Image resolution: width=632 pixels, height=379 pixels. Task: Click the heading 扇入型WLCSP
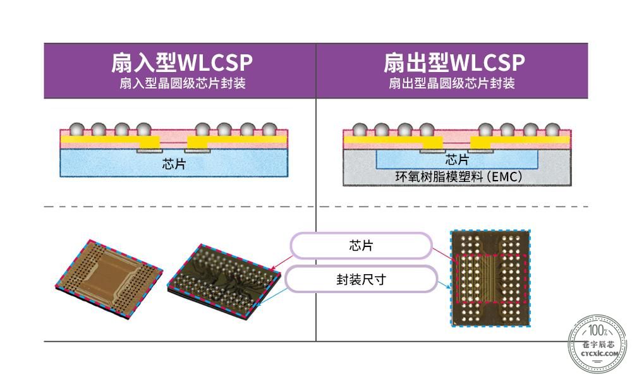tap(182, 63)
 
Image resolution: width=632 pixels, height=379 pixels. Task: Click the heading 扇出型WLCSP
tap(454, 63)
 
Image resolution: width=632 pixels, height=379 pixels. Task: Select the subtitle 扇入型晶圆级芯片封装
tap(182, 83)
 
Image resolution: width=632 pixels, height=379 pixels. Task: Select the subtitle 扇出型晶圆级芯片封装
tap(452, 83)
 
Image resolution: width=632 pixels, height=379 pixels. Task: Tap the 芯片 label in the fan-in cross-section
tap(174, 164)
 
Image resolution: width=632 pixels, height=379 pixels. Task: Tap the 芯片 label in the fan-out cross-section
tap(457, 159)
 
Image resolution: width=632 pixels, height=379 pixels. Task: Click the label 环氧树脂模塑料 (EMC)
tap(459, 176)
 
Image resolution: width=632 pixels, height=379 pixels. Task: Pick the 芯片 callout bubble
tap(361, 245)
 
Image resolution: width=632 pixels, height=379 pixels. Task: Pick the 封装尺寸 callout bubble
tap(361, 279)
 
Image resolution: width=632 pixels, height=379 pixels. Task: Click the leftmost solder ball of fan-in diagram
tap(76, 129)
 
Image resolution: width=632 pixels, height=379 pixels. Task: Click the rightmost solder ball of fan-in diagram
tap(269, 129)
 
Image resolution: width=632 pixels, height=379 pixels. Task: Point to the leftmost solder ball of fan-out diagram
tap(360, 129)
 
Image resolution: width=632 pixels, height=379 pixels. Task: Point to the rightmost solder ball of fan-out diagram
tap(552, 129)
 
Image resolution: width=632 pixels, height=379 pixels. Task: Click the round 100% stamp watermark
tap(598, 344)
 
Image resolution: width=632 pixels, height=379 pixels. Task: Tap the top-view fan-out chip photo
tap(490, 278)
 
